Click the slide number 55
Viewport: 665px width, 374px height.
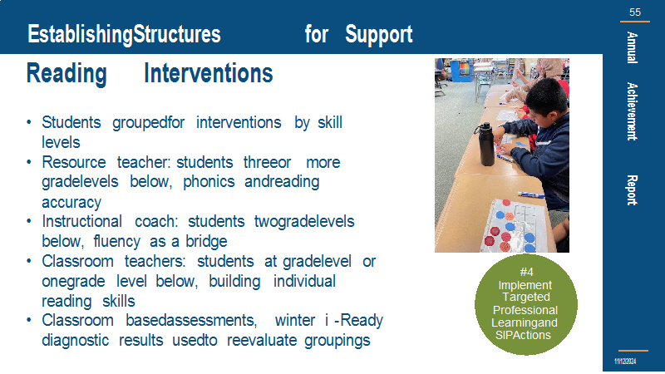click(x=635, y=12)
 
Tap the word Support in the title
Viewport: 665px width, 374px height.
click(x=379, y=34)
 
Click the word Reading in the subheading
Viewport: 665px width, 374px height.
click(x=66, y=74)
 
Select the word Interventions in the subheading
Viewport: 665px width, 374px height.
click(x=209, y=73)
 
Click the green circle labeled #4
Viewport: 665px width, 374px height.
click(x=526, y=304)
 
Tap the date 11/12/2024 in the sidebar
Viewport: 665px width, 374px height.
click(x=625, y=362)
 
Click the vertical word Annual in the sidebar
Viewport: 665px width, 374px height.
click(x=632, y=47)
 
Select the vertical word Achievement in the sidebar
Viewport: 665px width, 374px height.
click(x=632, y=111)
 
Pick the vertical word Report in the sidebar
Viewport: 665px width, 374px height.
click(x=632, y=190)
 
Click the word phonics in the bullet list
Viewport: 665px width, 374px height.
click(x=209, y=182)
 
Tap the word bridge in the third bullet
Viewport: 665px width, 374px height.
click(x=206, y=241)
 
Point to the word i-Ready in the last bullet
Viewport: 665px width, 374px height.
click(x=354, y=320)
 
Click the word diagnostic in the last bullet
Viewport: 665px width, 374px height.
click(x=75, y=340)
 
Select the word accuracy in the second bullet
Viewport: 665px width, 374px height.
click(x=71, y=203)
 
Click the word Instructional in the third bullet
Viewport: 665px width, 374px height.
click(x=81, y=221)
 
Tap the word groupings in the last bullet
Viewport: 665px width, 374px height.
click(x=337, y=341)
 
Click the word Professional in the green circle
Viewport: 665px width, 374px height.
click(x=525, y=310)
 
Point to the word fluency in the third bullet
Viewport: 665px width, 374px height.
click(x=116, y=241)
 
